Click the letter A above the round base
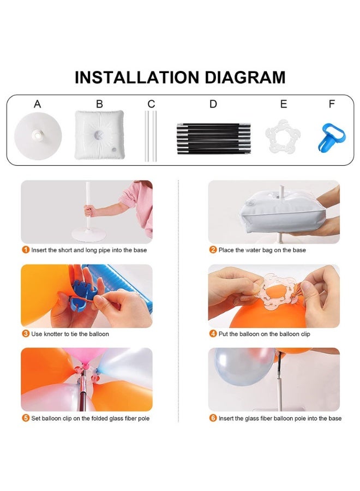pos(37,104)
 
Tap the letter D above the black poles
pos(213,104)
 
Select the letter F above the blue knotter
pos(332,104)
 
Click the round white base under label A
pos(38,136)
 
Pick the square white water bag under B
pos(99,135)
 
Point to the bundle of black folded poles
pos(214,139)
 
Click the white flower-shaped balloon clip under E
pos(283,136)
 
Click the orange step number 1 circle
pos(25,250)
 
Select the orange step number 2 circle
pos(213,250)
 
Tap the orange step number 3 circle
pos(25,334)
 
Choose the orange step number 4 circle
pos(213,334)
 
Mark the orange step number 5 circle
pos(25,418)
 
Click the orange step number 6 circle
pos(213,418)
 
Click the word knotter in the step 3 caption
pos(53,334)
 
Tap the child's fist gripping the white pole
pos(89,210)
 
